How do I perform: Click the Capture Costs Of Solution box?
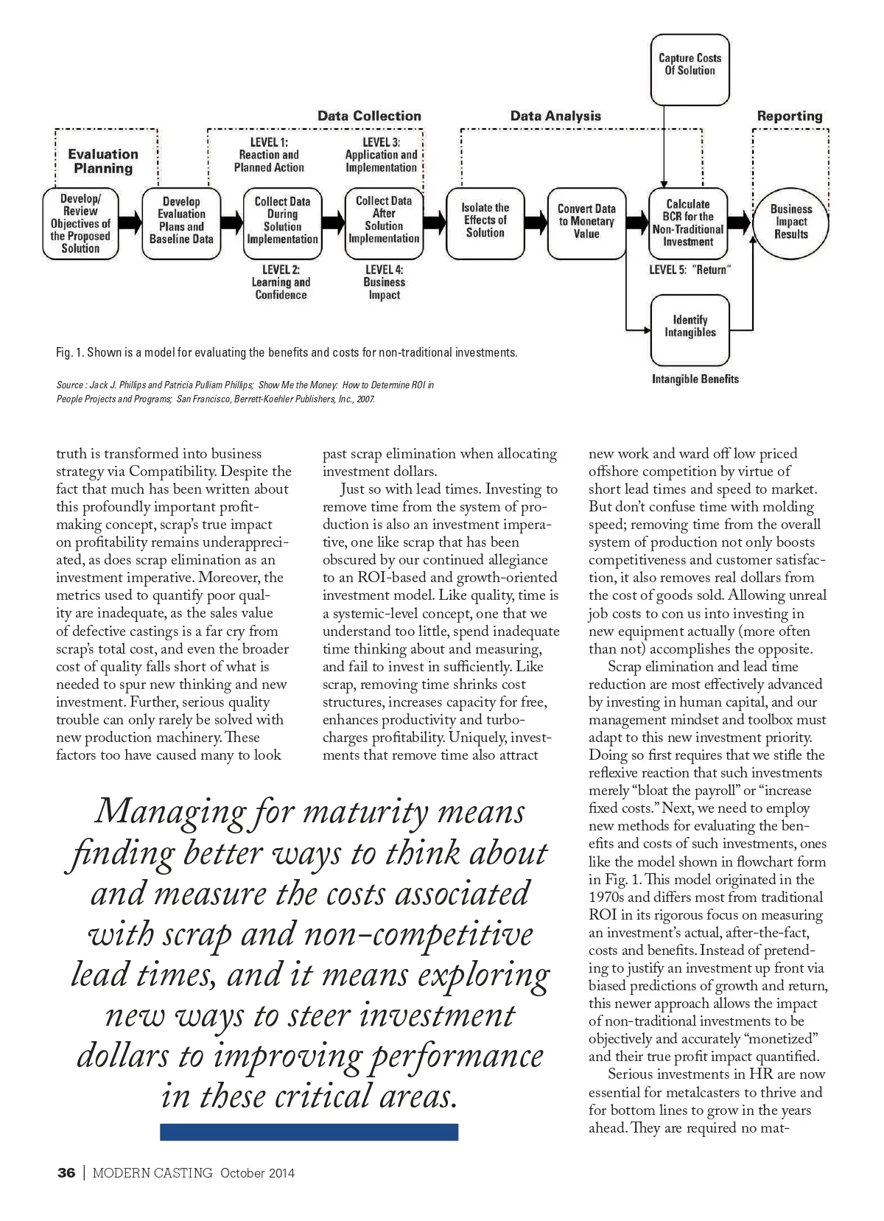click(690, 69)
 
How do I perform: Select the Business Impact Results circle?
click(790, 222)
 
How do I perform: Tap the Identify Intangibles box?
click(690, 327)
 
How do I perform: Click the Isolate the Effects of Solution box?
click(485, 222)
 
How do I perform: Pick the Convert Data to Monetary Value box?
click(586, 222)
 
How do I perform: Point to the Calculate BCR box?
click(688, 223)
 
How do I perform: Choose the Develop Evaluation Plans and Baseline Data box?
click(181, 222)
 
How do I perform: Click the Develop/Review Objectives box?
click(80, 223)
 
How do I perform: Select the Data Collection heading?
click(369, 116)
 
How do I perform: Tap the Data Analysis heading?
click(555, 116)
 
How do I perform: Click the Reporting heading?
click(790, 116)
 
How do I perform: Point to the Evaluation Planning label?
click(103, 161)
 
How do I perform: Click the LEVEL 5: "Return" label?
click(690, 270)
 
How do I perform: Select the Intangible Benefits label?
click(695, 379)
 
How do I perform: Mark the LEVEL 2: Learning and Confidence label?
click(281, 282)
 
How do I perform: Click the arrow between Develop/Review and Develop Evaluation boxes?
click(130, 222)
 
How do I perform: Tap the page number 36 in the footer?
click(66, 1173)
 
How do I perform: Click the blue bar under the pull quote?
click(309, 1132)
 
